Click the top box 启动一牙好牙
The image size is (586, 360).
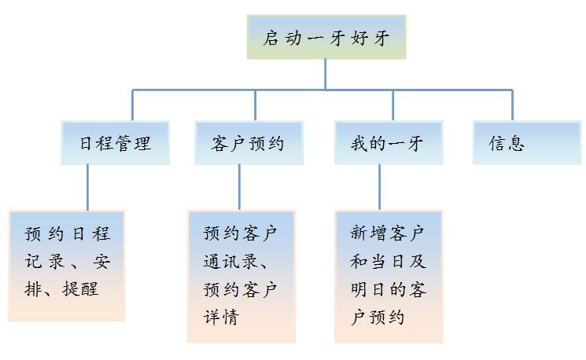[x=326, y=37]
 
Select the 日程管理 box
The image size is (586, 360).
[x=116, y=142]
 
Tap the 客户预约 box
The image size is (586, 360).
[x=249, y=142]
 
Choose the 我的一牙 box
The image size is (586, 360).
[x=389, y=142]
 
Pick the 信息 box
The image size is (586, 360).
[x=527, y=142]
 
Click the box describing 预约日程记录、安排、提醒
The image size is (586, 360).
[x=67, y=266]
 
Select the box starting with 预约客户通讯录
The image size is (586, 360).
[x=241, y=277]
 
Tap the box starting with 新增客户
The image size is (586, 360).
[x=389, y=277]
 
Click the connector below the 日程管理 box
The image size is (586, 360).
[x=88, y=188]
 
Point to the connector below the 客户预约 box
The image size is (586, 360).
[x=239, y=188]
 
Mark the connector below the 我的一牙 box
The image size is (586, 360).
[x=379, y=188]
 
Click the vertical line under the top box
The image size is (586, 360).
[x=325, y=75]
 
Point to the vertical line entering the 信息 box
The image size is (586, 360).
[x=512, y=105]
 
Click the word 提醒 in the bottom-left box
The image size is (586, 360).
[x=80, y=288]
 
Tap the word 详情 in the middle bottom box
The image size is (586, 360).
[x=221, y=317]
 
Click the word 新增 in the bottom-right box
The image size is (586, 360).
[x=368, y=233]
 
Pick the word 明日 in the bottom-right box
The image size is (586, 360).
[x=368, y=289]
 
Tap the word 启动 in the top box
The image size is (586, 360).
[x=282, y=38]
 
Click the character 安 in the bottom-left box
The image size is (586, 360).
[x=101, y=261]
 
